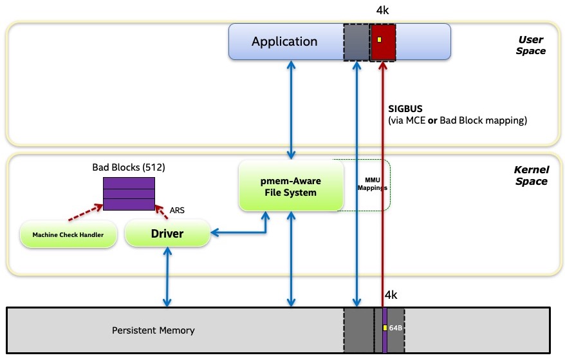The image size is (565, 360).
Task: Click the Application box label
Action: [x=284, y=42]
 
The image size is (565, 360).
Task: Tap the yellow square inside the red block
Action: [x=380, y=40]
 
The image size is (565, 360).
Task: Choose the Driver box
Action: [x=167, y=233]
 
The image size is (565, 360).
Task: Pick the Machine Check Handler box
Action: [x=68, y=234]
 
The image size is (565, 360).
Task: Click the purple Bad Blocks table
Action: [x=129, y=193]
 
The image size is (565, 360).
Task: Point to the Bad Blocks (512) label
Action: [x=129, y=167]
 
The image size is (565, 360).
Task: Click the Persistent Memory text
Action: [x=153, y=330]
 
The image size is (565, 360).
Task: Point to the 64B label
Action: [x=395, y=328]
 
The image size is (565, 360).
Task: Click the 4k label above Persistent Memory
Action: [x=391, y=296]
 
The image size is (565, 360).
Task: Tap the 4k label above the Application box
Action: [x=382, y=12]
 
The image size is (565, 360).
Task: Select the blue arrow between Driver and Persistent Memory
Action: [x=167, y=277]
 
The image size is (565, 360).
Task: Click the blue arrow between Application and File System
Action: [x=292, y=109]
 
